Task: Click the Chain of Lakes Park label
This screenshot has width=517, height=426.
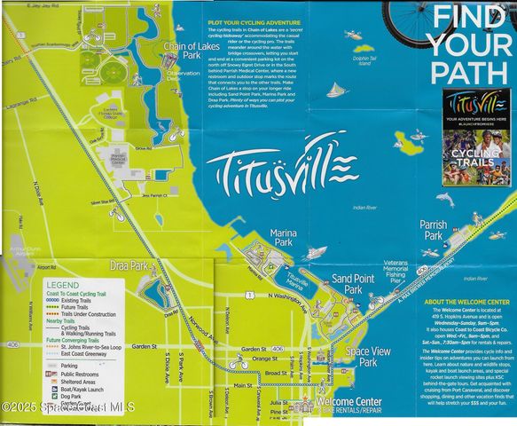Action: pyautogui.click(x=190, y=51)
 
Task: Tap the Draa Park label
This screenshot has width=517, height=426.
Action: pyautogui.click(x=127, y=265)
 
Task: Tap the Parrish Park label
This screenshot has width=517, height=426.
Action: pyautogui.click(x=433, y=231)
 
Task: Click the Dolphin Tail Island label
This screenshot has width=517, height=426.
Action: pyautogui.click(x=360, y=61)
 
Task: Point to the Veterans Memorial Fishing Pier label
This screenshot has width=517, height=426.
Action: pyautogui.click(x=395, y=269)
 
